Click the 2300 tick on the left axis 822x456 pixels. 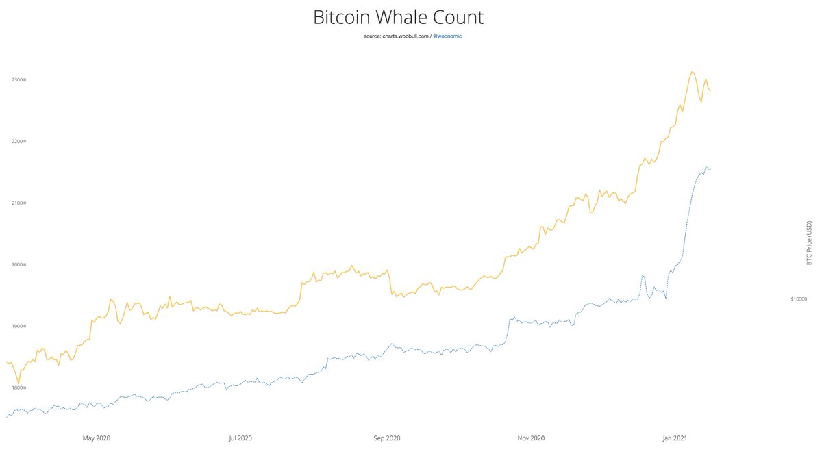18,80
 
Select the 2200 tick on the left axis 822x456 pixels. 18,142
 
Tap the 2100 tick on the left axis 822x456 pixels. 18,203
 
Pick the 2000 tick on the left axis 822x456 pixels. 18,265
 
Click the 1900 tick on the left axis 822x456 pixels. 18,327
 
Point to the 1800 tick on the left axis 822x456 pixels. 18,388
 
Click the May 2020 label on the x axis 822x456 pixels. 97,438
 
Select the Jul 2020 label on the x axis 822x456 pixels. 240,438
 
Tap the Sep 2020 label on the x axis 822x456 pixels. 388,438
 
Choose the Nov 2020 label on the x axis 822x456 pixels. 532,438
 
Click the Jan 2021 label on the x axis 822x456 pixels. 676,438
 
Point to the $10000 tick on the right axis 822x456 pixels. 799,299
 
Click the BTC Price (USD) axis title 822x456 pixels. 809,243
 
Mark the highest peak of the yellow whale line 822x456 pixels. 692,71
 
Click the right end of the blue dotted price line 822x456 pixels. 710,168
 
